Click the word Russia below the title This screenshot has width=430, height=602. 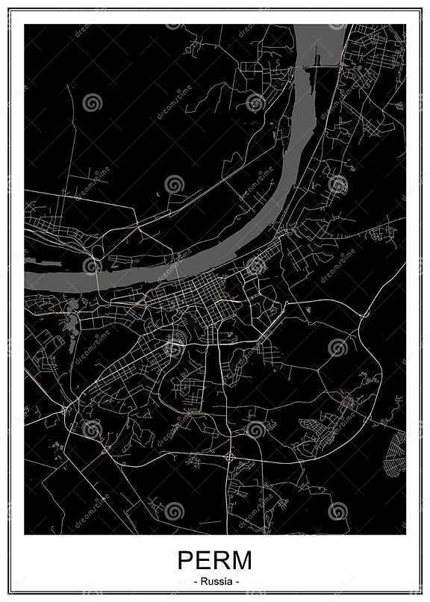coord(215,580)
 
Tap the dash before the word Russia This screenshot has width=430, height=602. coord(195,580)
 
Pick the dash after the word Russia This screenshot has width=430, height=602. coord(235,580)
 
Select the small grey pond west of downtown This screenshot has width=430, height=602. coord(73,326)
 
